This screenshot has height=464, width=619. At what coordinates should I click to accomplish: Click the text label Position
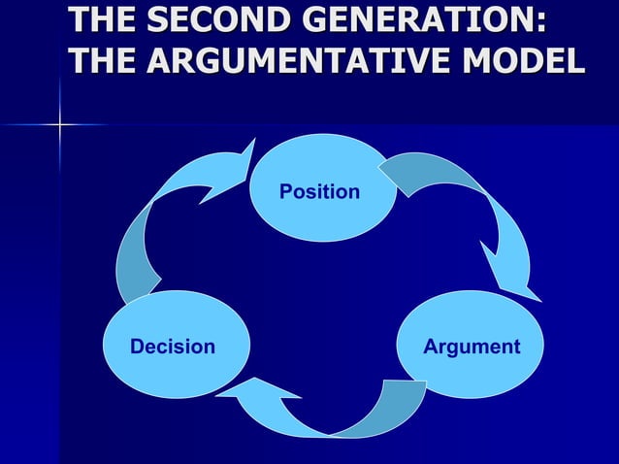319,192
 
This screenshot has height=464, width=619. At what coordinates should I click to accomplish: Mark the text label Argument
472,347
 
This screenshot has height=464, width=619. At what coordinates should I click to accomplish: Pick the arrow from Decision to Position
165,223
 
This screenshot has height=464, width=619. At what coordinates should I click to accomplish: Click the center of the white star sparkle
59,124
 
